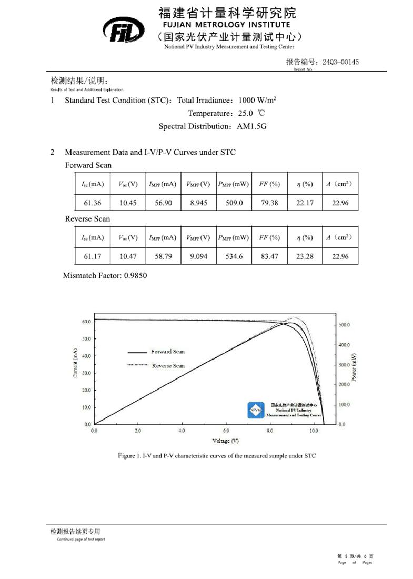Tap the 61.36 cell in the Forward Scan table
click(x=92, y=203)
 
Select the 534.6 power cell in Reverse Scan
click(x=234, y=256)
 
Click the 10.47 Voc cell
click(x=128, y=256)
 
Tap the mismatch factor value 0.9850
click(x=136, y=275)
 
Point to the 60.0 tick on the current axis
click(x=86, y=321)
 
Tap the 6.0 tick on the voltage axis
click(x=226, y=431)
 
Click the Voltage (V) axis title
click(x=225, y=441)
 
